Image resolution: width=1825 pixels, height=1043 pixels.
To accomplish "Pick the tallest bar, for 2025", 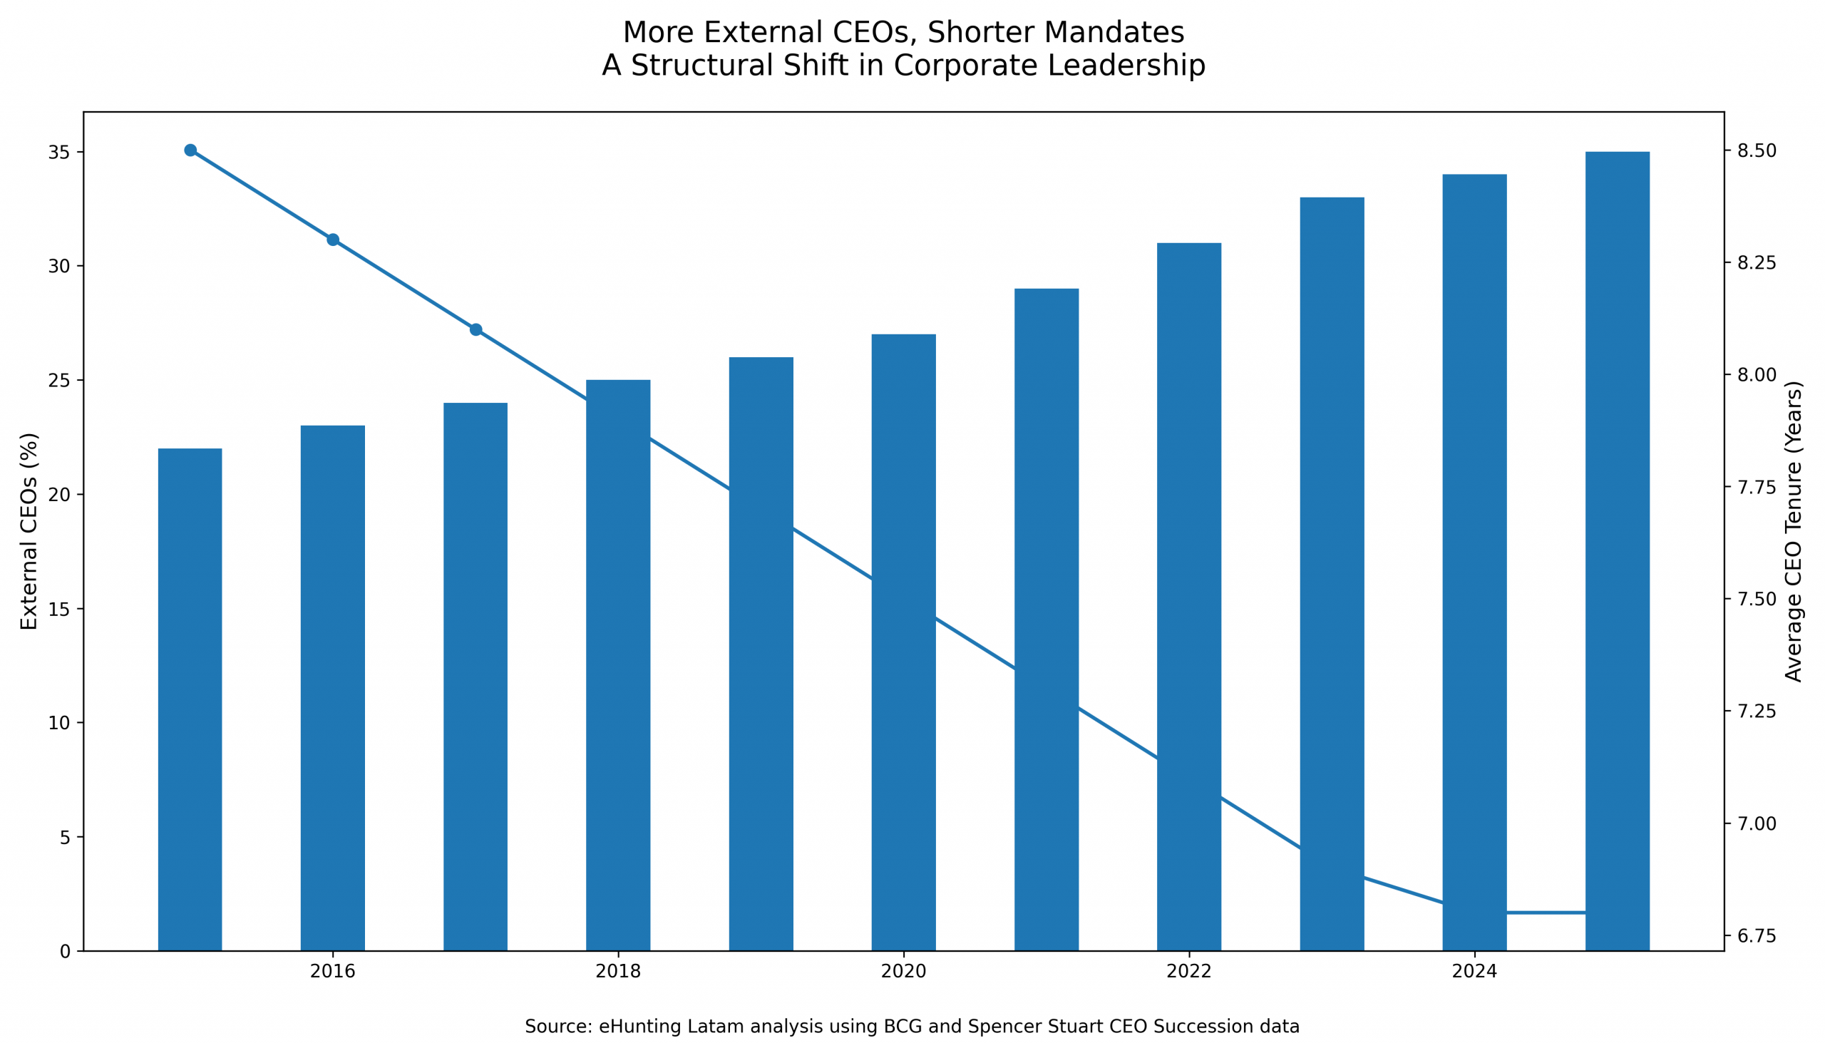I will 1618,551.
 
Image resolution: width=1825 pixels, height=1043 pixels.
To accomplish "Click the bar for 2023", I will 1332,574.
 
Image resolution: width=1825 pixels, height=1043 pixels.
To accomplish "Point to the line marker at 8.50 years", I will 190,150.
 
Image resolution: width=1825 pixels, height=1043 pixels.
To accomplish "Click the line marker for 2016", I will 333,240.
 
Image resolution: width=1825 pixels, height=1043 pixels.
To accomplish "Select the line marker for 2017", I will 476,329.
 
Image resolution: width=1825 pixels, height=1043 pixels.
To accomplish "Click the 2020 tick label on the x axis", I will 903,972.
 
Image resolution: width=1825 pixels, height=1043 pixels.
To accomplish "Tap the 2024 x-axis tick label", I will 1474,972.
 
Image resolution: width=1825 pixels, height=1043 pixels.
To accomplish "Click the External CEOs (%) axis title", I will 29,531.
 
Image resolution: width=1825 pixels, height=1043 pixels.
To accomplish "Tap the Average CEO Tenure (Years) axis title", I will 1793,531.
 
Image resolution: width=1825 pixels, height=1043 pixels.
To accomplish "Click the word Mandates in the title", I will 1114,33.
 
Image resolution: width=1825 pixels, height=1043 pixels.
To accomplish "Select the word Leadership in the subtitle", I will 1126,66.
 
